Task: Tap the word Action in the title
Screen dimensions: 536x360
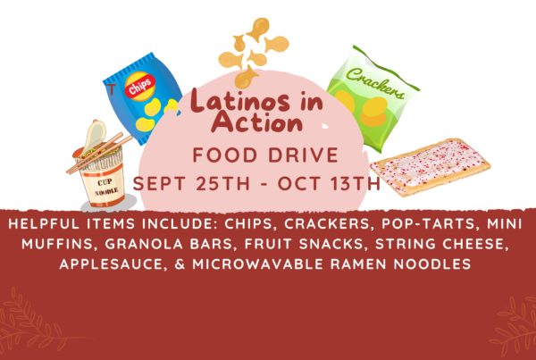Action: (x=257, y=122)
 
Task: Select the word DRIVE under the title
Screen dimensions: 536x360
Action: (x=303, y=155)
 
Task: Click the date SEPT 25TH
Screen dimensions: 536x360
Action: (x=191, y=184)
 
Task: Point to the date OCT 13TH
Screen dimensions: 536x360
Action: (x=329, y=184)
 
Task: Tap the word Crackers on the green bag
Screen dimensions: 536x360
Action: (x=375, y=83)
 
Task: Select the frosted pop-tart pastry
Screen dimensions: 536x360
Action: (x=431, y=166)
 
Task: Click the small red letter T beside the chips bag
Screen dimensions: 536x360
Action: (x=112, y=88)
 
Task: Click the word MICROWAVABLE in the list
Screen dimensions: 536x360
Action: (x=258, y=264)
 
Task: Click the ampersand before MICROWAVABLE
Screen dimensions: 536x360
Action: (x=180, y=264)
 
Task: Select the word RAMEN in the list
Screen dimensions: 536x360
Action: (x=359, y=264)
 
